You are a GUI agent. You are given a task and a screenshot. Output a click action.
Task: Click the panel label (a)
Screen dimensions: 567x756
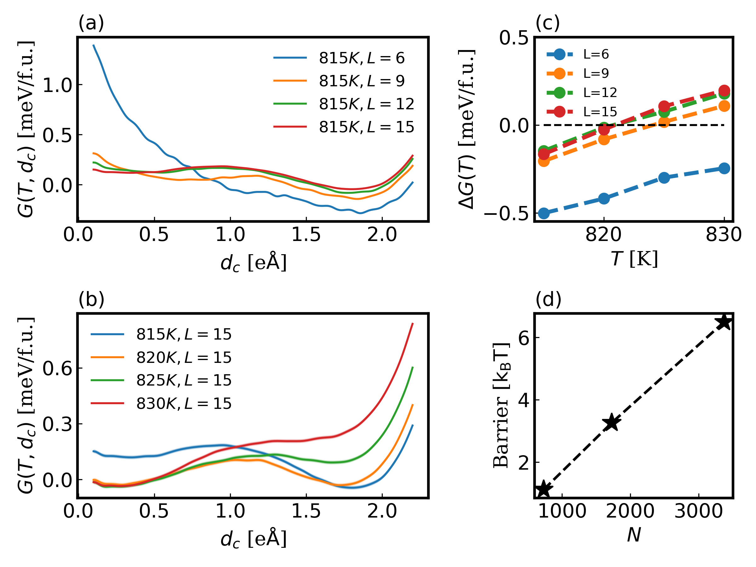click(91, 23)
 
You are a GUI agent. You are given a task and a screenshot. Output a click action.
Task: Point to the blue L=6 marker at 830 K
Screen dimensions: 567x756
click(724, 168)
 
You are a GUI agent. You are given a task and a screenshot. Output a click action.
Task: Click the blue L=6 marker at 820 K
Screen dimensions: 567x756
click(604, 198)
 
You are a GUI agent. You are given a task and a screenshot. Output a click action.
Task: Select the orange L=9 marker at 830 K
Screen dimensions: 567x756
click(724, 106)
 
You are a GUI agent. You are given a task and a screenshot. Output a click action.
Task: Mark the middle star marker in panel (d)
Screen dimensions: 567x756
click(611, 423)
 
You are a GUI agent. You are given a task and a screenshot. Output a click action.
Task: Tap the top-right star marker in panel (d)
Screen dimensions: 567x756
click(724, 322)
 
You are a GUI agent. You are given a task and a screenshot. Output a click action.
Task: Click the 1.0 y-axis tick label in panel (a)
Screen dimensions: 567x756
click(57, 85)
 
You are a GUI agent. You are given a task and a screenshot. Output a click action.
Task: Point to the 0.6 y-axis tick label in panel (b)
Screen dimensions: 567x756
click(57, 368)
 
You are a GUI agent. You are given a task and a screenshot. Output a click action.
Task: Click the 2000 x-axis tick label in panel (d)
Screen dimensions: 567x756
click(630, 511)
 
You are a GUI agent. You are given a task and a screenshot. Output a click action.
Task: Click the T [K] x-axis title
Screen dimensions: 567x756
click(634, 259)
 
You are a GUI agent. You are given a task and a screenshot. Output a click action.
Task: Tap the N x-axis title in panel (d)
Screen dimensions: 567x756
click(634, 535)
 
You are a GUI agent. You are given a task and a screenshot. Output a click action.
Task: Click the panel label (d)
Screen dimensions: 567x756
click(548, 299)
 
